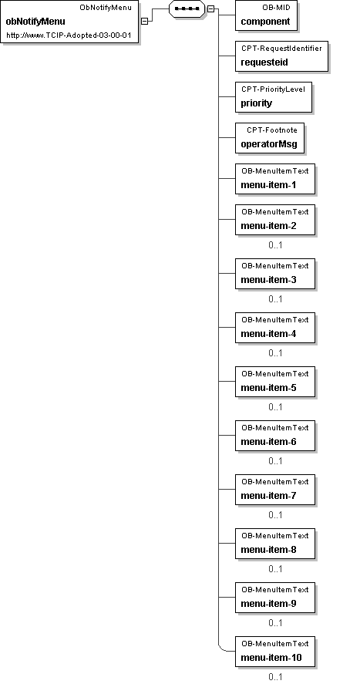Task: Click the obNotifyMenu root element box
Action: click(69, 22)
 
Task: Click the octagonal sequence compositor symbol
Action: click(187, 8)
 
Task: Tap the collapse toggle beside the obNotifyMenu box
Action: click(145, 21)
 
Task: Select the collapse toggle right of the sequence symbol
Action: click(210, 8)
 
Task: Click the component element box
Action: click(266, 15)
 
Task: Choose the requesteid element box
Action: click(281, 56)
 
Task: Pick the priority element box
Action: click(274, 97)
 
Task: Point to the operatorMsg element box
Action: click(270, 138)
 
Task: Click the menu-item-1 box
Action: click(275, 179)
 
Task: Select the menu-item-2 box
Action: click(275, 221)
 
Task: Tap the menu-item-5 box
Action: click(275, 382)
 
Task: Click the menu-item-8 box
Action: click(275, 544)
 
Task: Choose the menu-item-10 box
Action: click(275, 652)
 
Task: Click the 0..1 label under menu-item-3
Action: click(275, 299)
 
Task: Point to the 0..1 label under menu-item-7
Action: click(275, 515)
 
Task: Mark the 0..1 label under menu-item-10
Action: click(275, 677)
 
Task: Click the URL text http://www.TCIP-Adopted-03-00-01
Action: click(69, 35)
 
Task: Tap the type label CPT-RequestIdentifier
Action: click(281, 49)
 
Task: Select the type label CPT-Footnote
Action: click(272, 130)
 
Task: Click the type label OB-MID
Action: click(276, 8)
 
